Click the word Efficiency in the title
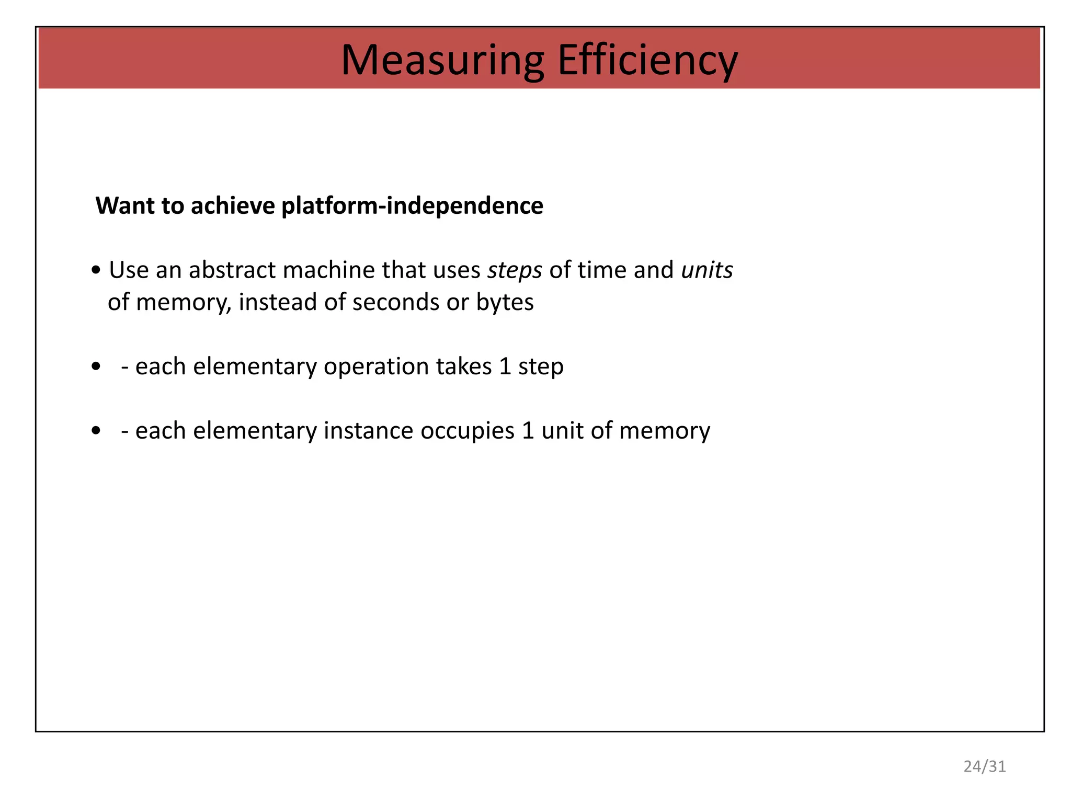(647, 60)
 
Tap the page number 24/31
(984, 766)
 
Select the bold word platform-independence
(412, 206)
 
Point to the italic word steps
(515, 271)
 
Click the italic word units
(707, 270)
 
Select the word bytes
(505, 303)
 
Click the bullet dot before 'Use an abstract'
(96, 271)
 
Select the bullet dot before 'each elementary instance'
(96, 431)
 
